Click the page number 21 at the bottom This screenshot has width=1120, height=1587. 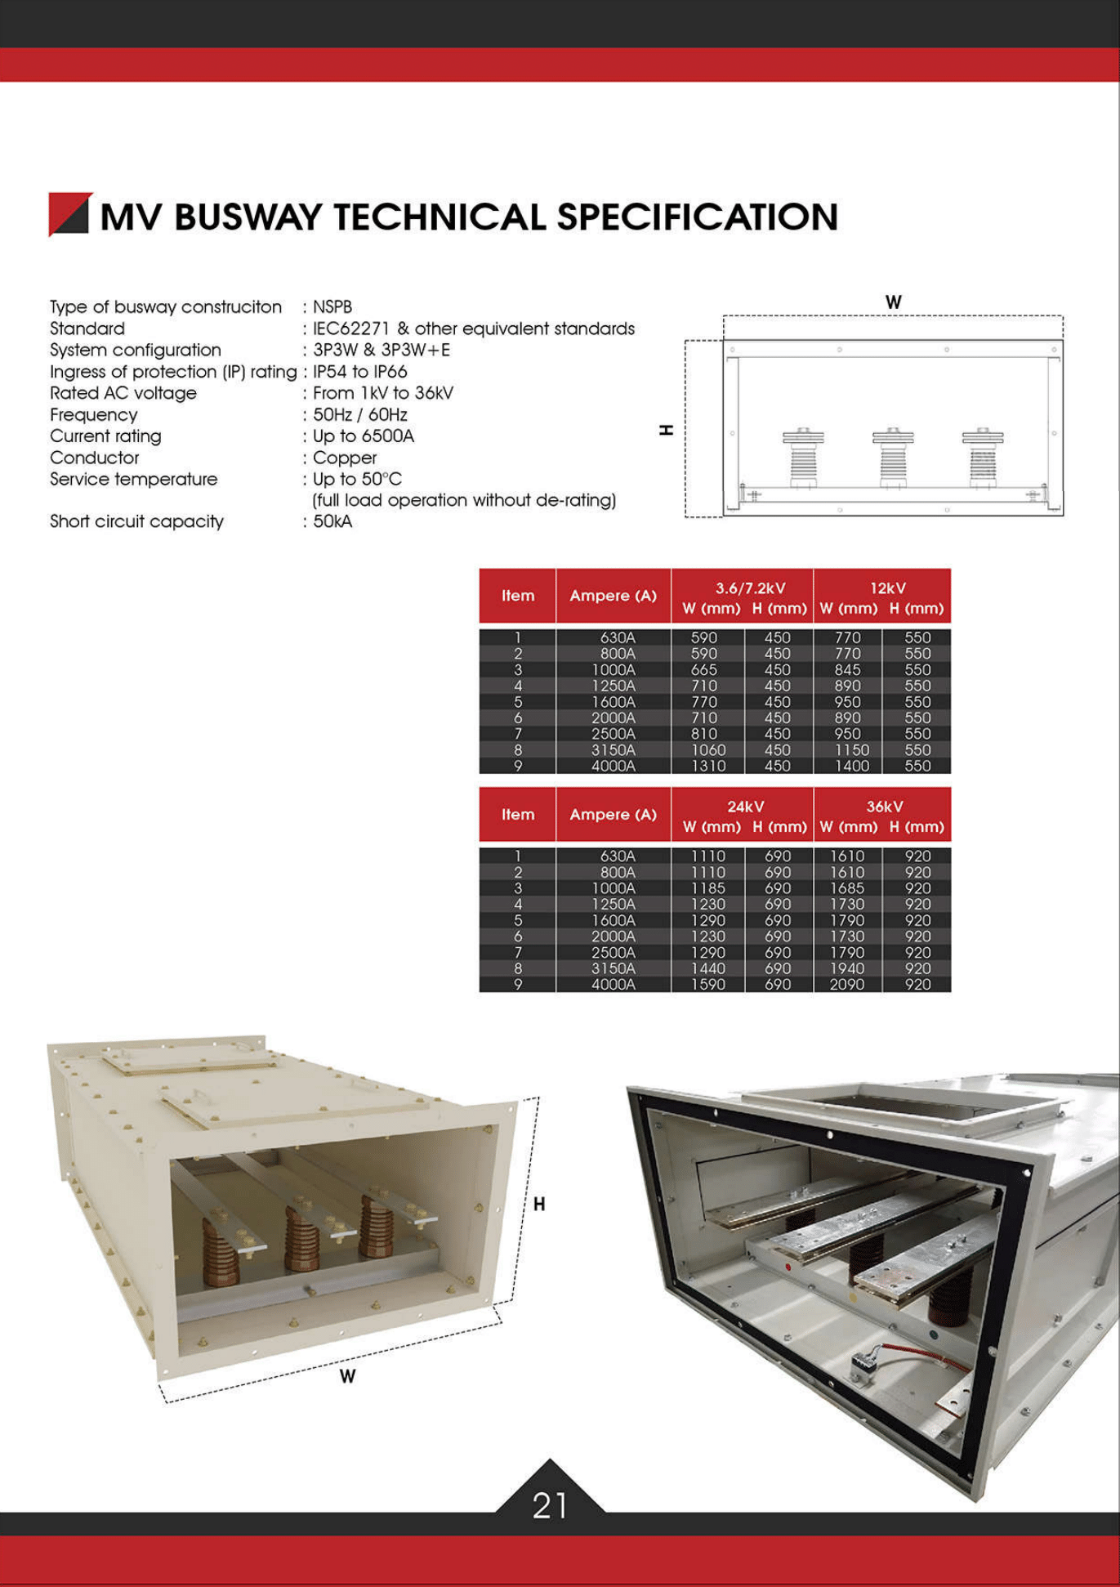(550, 1505)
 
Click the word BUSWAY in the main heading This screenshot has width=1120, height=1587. (248, 217)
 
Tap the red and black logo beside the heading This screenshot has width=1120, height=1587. (69, 214)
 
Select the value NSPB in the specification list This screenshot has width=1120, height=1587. (332, 307)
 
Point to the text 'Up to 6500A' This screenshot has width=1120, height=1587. (364, 436)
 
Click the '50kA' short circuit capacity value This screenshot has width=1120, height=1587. (332, 521)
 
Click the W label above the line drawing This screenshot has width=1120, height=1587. (893, 302)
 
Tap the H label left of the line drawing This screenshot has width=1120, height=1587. (667, 430)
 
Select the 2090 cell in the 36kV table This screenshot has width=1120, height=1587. (847, 985)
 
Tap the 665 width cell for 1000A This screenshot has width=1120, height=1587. (704, 669)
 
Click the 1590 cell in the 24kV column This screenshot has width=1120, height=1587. (707, 985)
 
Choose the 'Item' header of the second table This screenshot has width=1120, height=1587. (518, 815)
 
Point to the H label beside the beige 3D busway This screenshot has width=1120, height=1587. (539, 1204)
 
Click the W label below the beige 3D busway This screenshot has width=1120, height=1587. (348, 1377)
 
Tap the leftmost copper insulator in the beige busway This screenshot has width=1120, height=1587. (220, 1242)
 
